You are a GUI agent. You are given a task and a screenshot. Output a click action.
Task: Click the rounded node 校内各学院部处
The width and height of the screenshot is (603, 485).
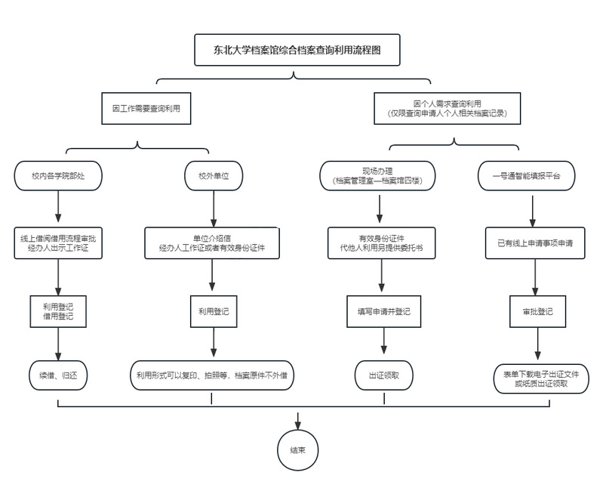57,175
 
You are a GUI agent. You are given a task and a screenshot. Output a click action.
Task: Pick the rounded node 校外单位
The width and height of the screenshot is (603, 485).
214,175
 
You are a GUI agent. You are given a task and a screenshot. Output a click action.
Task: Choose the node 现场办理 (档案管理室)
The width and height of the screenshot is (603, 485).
381,175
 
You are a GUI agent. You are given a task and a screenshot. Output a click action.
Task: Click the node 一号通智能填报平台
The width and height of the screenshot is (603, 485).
532,175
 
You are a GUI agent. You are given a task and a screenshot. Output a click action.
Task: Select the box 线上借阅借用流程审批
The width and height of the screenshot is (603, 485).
58,242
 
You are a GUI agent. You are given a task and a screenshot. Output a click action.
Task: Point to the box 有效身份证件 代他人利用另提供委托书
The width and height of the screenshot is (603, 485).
381,242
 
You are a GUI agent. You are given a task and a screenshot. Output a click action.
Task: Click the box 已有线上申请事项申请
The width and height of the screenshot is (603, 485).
534,242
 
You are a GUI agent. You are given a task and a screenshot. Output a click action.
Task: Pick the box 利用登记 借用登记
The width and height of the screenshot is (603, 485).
58,310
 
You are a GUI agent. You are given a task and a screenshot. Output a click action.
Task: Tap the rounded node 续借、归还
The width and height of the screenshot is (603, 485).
57,375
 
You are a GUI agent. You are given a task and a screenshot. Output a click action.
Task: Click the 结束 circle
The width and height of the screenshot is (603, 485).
297,449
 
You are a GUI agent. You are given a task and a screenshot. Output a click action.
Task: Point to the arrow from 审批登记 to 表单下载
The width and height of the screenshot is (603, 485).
537,344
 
